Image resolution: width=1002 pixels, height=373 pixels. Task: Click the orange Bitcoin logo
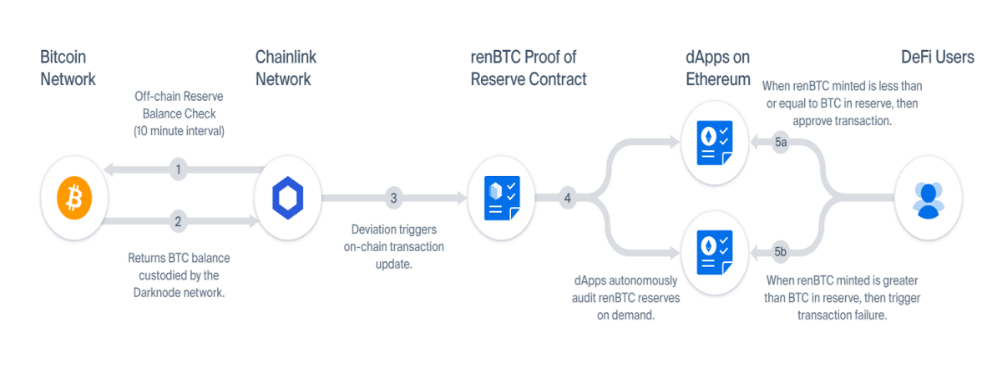[74, 198]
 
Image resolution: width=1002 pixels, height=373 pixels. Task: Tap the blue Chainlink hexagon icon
[287, 198]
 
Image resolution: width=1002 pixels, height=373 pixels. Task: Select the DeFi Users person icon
[929, 200]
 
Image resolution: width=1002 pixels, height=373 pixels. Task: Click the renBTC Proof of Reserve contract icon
[502, 198]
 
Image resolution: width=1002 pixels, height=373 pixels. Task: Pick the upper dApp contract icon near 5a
[715, 143]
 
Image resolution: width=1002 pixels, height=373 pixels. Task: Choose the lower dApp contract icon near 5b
[715, 253]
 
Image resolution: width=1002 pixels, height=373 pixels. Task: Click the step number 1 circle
[178, 169]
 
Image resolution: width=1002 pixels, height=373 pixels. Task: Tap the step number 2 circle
[178, 221]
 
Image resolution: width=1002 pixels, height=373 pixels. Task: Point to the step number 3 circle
[393, 198]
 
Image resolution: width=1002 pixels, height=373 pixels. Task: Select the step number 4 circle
[567, 198]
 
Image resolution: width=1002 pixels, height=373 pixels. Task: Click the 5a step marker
[781, 142]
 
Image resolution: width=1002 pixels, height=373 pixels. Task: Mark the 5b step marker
[781, 252]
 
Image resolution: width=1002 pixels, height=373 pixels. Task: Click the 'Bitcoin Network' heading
[68, 68]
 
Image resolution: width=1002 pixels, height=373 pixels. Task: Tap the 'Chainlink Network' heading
[286, 68]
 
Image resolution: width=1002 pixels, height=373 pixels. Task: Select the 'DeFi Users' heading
[938, 58]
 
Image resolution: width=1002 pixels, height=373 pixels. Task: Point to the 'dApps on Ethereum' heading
[718, 68]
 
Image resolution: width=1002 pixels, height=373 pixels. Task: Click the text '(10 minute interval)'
[179, 131]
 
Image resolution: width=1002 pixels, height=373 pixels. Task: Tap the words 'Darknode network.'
[179, 293]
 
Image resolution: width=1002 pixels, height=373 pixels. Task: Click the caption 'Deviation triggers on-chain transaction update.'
[393, 246]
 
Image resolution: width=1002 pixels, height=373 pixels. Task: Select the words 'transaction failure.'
[842, 315]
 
